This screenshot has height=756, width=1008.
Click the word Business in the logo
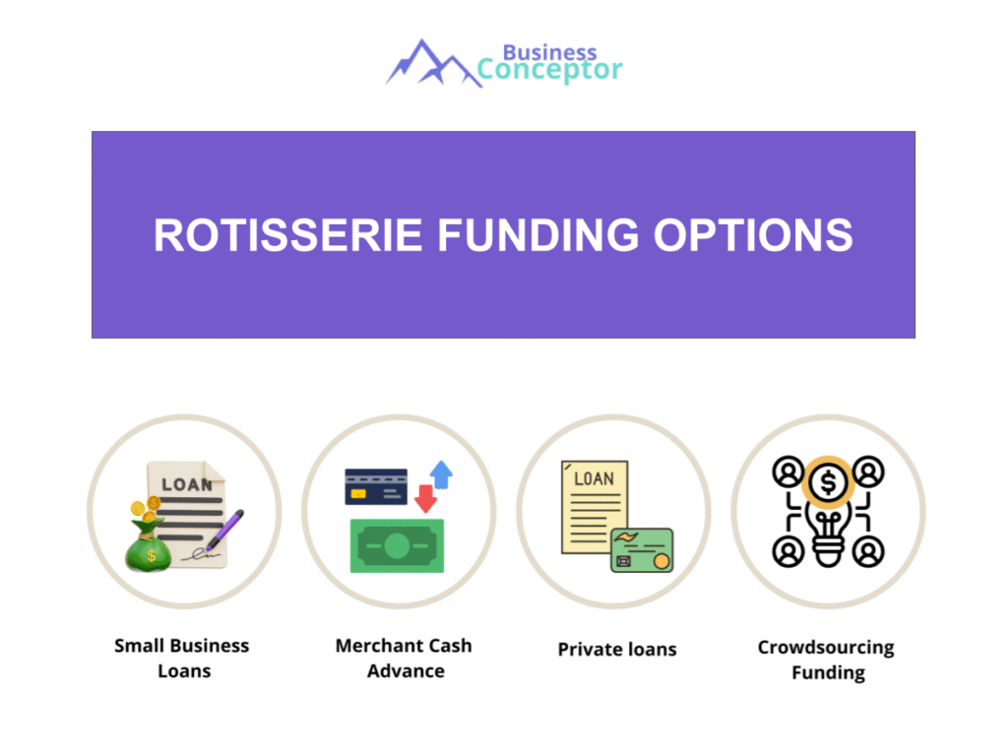click(549, 52)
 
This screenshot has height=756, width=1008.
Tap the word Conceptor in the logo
click(549, 71)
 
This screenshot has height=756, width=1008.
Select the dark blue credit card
click(376, 486)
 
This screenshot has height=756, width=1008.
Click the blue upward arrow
click(441, 474)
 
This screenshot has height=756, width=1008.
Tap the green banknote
click(397, 545)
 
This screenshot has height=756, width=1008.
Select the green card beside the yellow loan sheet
click(642, 550)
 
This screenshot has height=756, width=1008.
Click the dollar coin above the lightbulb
click(828, 482)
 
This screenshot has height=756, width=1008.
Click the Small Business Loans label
click(182, 659)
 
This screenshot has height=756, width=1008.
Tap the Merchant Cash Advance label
click(404, 659)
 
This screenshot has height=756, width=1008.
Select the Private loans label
click(617, 650)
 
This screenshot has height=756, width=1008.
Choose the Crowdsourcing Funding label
click(827, 661)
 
